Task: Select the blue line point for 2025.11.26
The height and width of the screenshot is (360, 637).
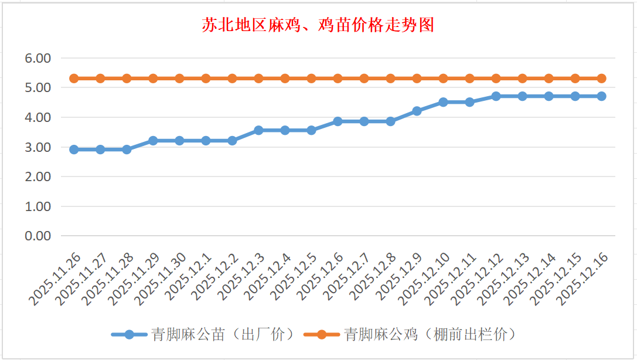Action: [74, 150]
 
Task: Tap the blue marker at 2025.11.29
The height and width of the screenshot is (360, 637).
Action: [153, 141]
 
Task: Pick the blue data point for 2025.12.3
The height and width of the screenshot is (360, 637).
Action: [258, 130]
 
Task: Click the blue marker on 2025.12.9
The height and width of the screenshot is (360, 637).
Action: [417, 111]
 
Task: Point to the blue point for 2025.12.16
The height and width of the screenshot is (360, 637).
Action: [601, 96]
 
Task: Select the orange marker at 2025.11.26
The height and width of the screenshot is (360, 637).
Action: [74, 79]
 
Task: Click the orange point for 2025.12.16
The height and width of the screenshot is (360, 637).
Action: [601, 79]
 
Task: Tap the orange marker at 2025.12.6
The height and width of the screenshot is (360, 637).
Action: [338, 79]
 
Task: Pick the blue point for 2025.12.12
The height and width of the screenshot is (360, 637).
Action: [496, 96]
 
